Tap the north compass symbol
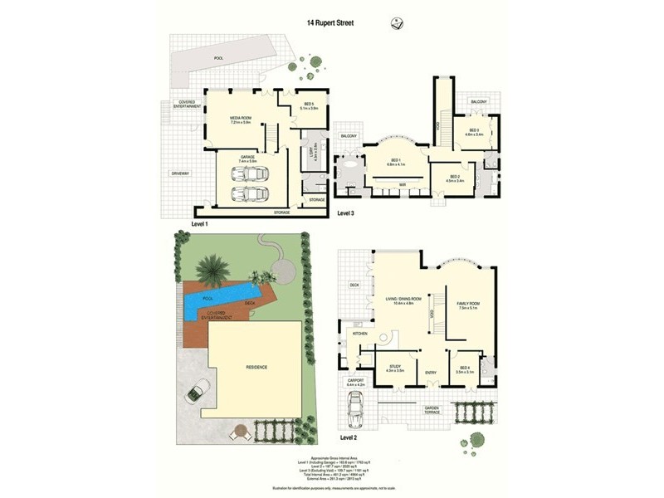point(397,24)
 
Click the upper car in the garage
point(248,174)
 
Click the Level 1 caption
point(200,224)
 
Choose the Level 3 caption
point(347,213)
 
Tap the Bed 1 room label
point(394,162)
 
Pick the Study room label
point(394,368)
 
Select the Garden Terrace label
point(432,410)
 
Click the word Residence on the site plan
point(255,366)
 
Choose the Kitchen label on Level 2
point(360,333)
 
